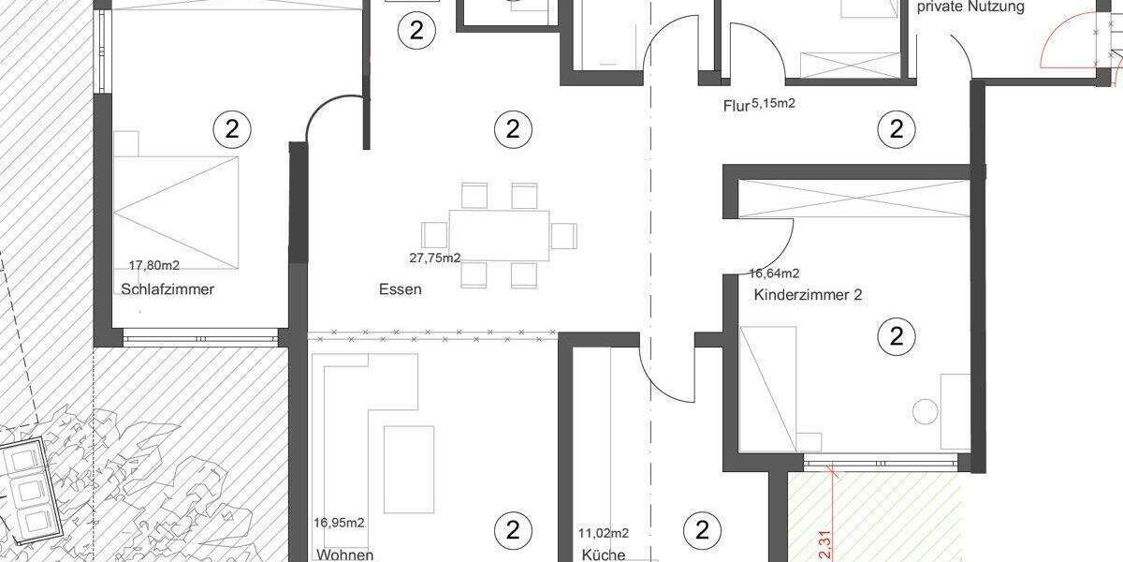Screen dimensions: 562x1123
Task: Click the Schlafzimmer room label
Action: pos(168,289)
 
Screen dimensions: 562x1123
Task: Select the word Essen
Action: pos(400,289)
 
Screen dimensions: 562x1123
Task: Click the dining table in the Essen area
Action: pos(499,235)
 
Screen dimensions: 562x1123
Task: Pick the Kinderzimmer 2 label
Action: pos(808,295)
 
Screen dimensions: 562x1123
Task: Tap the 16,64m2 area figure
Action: pos(774,274)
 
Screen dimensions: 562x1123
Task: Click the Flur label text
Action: pos(737,106)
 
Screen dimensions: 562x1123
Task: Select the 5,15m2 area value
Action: pos(774,104)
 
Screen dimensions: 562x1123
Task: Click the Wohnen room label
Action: pos(345,555)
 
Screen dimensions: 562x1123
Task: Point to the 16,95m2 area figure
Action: pos(340,523)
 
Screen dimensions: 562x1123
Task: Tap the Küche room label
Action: pos(604,555)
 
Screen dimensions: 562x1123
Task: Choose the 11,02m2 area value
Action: pos(605,533)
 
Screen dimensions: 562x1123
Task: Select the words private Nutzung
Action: pos(970,7)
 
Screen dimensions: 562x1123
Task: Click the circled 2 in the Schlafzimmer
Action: pos(232,129)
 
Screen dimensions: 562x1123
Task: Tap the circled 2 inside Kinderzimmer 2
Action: pos(897,335)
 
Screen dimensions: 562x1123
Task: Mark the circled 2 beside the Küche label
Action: pos(702,530)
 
